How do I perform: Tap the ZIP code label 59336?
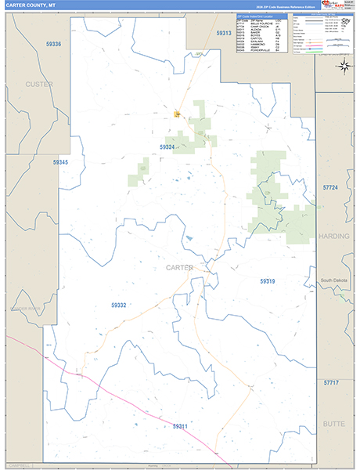[53, 45]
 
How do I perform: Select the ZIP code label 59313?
[224, 34]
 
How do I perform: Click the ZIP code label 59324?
[167, 146]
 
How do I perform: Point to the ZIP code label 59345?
[61, 162]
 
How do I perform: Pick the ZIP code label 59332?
[119, 304]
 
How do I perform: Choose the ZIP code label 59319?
[268, 280]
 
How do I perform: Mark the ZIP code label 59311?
[180, 425]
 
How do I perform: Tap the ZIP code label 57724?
[330, 188]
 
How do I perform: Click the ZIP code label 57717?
[331, 382]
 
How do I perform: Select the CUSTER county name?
[38, 84]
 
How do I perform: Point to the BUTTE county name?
[334, 423]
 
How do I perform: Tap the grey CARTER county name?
[179, 268]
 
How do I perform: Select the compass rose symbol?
[344, 65]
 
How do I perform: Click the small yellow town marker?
[177, 114]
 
